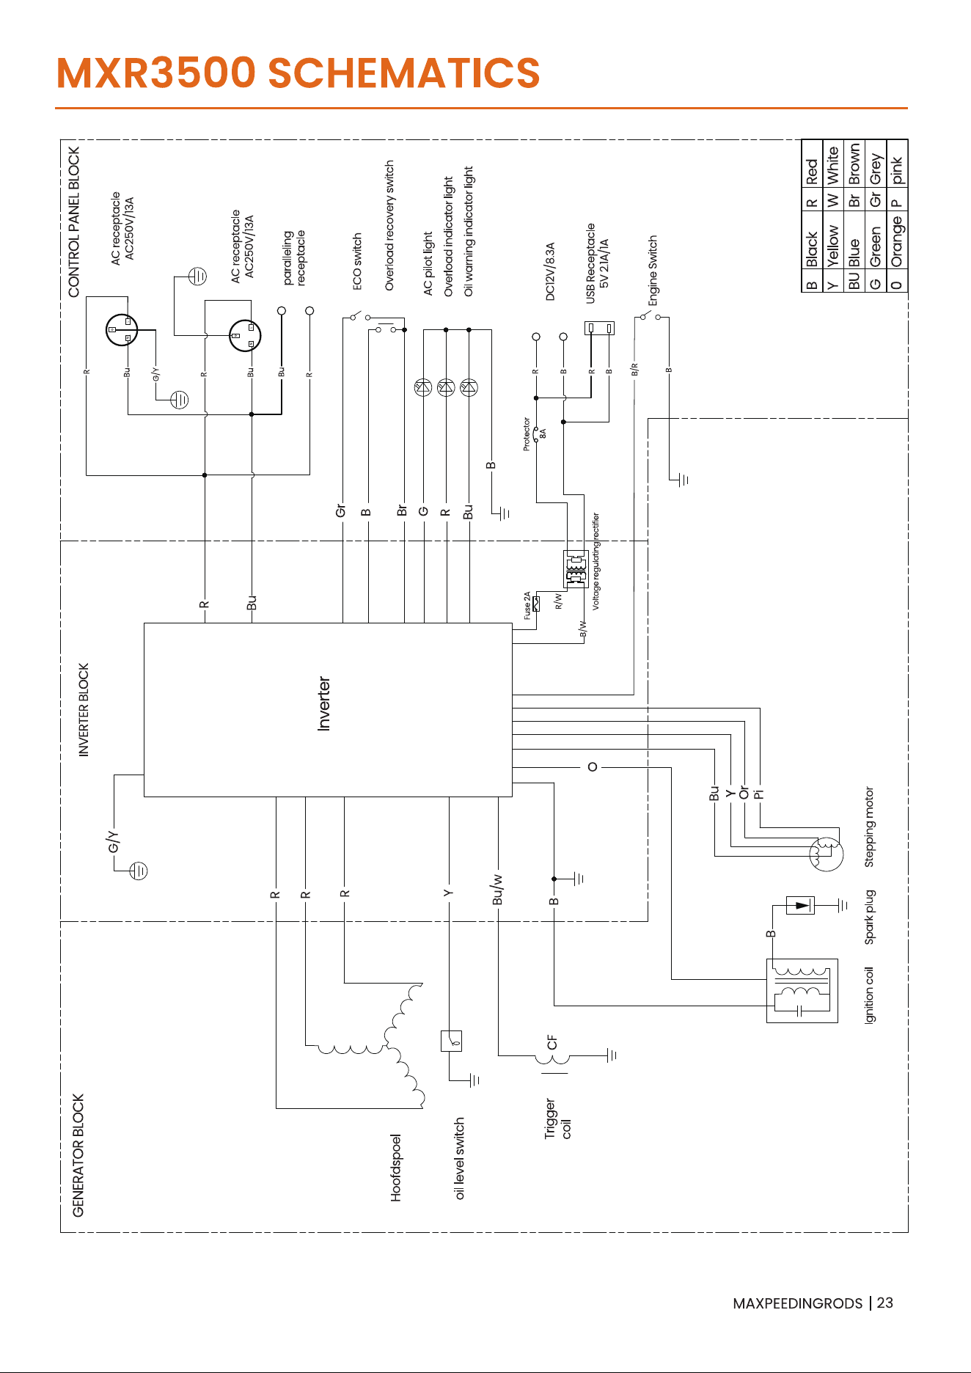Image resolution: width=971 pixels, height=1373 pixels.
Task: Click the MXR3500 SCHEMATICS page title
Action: click(x=298, y=73)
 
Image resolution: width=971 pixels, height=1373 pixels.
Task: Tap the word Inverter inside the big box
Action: click(x=323, y=703)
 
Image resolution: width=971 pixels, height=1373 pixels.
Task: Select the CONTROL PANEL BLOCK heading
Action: click(x=73, y=222)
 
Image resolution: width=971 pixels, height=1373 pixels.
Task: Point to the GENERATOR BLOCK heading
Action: click(x=78, y=1155)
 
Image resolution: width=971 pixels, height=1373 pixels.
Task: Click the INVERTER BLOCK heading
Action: click(x=84, y=710)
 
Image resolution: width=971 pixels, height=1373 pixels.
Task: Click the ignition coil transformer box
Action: click(x=802, y=990)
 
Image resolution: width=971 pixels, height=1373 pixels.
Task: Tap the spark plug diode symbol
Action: click(x=800, y=905)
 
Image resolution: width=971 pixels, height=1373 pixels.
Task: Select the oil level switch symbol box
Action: click(x=451, y=1041)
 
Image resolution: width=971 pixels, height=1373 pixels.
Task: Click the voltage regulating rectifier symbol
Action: click(x=576, y=568)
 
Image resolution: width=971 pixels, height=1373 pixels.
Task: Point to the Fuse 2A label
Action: click(x=527, y=605)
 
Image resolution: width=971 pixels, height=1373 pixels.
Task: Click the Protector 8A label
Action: click(x=534, y=434)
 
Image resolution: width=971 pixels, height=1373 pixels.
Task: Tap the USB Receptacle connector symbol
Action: click(x=599, y=328)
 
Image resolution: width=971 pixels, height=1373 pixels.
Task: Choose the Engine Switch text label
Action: click(x=653, y=271)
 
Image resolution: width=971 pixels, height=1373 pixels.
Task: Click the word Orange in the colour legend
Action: click(x=897, y=242)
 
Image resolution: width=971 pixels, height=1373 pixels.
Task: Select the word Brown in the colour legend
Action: click(x=854, y=164)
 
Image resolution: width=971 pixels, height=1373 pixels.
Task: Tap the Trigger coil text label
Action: click(x=557, y=1118)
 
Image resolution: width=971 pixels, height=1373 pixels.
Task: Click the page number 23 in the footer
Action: click(x=884, y=1303)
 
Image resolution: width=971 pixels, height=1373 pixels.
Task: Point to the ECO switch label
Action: click(x=357, y=261)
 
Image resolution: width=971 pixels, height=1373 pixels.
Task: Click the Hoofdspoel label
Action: click(x=396, y=1168)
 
